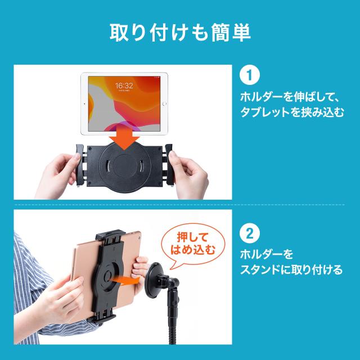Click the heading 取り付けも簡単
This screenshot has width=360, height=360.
click(x=180, y=32)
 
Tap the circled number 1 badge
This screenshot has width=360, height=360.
click(x=250, y=75)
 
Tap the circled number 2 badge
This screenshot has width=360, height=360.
click(x=250, y=233)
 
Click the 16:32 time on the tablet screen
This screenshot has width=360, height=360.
click(x=124, y=85)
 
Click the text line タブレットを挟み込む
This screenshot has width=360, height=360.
click(x=292, y=112)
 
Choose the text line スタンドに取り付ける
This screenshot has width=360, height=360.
click(x=291, y=269)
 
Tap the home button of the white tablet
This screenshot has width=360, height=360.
click(x=164, y=104)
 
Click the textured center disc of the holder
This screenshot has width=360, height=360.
click(x=124, y=165)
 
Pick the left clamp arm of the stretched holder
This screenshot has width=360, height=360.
click(x=80, y=164)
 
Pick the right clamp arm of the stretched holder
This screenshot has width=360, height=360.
click(x=169, y=164)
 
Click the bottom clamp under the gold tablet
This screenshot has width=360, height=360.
click(x=101, y=318)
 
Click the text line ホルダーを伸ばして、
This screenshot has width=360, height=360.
click(x=290, y=97)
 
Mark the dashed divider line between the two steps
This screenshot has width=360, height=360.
click(x=179, y=205)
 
